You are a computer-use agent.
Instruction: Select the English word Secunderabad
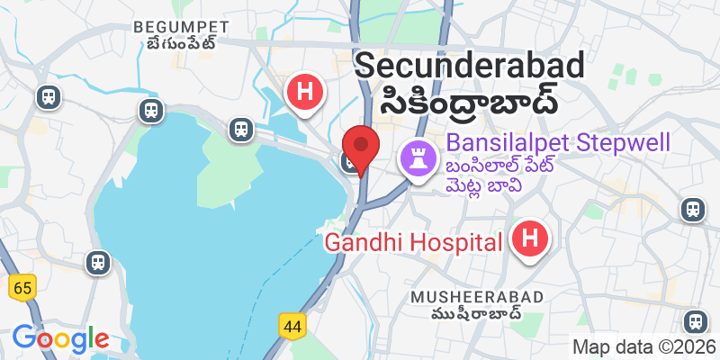470,65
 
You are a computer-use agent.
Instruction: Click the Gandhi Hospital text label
412,242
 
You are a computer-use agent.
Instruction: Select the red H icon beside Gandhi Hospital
530,240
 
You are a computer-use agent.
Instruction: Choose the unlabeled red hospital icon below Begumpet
305,92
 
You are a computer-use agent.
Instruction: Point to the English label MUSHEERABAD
477,297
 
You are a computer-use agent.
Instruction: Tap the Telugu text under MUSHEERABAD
477,315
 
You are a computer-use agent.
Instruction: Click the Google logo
60,338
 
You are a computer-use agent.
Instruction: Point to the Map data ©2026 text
644,346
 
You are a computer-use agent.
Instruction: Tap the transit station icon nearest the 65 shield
96,263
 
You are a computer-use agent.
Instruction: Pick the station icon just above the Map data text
694,320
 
